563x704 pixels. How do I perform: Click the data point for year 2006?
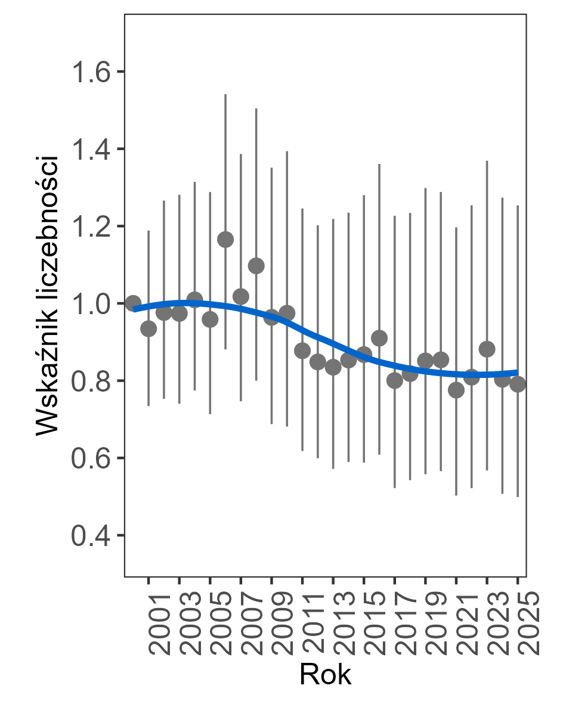(x=225, y=240)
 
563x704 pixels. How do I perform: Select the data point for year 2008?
(x=256, y=266)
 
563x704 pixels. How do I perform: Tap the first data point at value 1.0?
(x=133, y=303)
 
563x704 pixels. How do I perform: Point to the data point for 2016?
(x=379, y=338)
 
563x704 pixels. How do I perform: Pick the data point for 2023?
(x=487, y=349)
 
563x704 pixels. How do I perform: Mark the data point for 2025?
(x=518, y=384)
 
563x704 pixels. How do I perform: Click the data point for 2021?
(x=456, y=390)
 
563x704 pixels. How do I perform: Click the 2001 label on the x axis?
(x=159, y=623)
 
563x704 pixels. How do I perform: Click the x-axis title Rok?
(x=325, y=675)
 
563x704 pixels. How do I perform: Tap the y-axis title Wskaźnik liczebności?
(x=47, y=296)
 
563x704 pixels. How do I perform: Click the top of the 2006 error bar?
(x=225, y=94)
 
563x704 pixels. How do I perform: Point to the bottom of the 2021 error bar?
(x=456, y=495)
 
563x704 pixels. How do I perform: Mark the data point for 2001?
(x=149, y=328)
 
